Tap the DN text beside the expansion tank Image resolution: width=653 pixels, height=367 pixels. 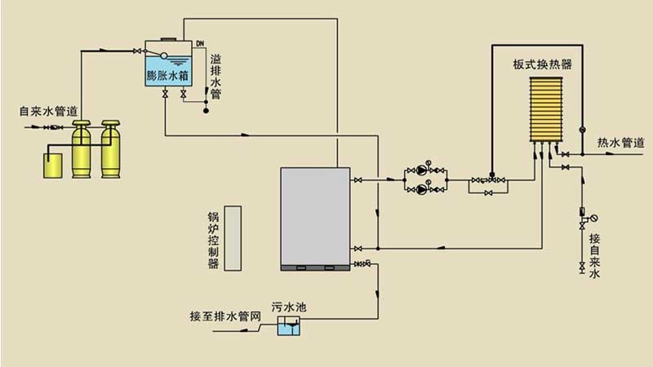point(201,43)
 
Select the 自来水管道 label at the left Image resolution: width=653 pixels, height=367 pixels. point(49,110)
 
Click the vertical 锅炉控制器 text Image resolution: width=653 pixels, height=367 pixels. point(214,241)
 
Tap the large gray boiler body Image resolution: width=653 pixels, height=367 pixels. point(316,216)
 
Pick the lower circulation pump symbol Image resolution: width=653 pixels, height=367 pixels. point(421,189)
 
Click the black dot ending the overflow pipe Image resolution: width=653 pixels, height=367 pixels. point(204,110)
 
